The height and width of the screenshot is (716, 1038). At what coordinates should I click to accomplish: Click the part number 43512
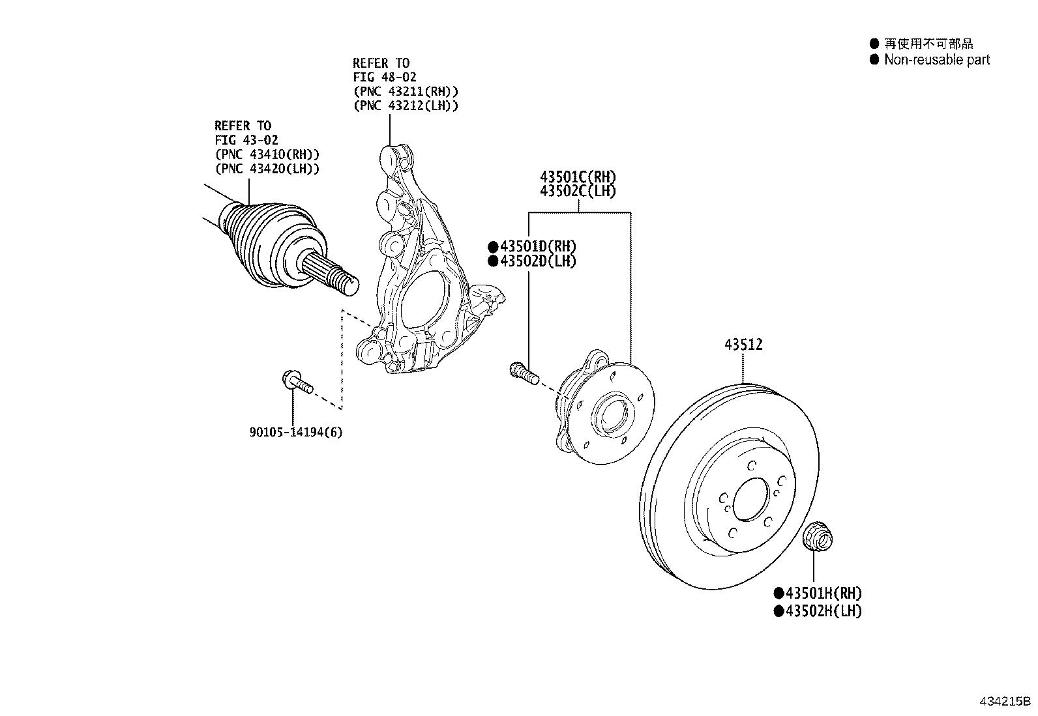coord(743,345)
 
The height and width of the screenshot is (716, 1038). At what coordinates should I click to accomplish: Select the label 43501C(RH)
coord(578,177)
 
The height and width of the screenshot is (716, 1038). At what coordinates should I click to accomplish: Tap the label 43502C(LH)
coord(578,192)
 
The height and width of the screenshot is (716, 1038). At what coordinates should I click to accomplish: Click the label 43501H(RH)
coord(823,594)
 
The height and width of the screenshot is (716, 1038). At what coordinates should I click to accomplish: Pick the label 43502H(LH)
coord(823,611)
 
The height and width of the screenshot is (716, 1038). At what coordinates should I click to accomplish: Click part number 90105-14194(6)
coord(295,432)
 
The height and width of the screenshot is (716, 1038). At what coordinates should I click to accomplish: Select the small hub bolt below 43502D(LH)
coord(523,373)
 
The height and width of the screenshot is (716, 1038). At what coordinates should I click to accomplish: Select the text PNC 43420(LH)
coord(267,169)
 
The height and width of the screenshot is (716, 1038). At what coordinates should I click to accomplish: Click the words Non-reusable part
coord(936,60)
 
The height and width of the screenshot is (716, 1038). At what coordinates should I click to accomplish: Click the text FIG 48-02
coord(385,78)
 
